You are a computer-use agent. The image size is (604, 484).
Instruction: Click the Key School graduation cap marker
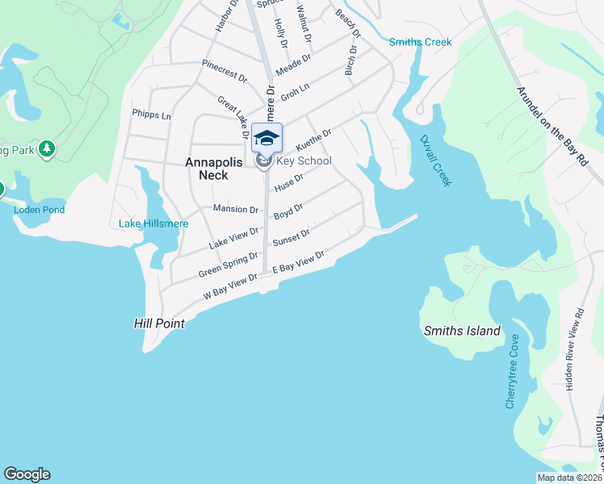tap(266, 138)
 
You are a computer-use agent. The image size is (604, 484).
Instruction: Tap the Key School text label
tap(304, 161)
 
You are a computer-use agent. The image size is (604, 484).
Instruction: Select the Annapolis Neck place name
tap(213, 169)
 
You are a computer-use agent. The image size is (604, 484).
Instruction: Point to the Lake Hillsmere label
tap(153, 223)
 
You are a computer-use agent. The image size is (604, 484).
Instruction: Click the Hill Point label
tap(159, 323)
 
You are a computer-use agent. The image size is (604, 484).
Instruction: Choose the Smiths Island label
tap(463, 331)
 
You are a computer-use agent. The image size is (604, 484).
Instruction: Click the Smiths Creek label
tap(420, 42)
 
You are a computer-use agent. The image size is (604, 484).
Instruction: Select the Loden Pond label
tap(39, 210)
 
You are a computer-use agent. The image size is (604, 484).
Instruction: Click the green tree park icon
tap(48, 148)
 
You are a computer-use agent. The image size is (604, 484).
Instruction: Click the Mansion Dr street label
tap(235, 209)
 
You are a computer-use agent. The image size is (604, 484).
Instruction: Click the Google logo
tap(27, 474)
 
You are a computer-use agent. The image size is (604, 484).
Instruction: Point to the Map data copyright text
tap(569, 478)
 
